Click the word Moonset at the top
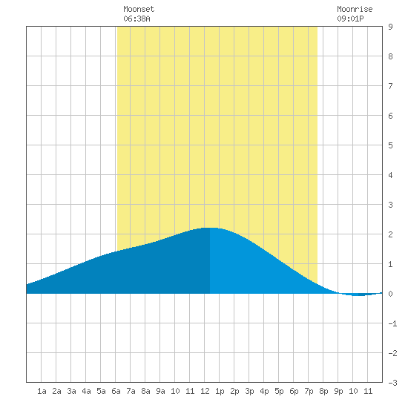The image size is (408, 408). tap(139, 10)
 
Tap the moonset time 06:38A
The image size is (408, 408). tap(136, 19)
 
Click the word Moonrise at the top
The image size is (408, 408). tap(355, 10)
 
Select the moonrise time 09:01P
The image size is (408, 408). tap(350, 19)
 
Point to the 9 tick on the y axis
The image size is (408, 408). tap(390, 27)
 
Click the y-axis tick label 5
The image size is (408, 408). tap(390, 145)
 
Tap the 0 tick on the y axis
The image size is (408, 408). tap(390, 294)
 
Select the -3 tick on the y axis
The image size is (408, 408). tap(392, 383)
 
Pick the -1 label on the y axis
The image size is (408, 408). tap(392, 323)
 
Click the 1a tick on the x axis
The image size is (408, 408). tap(42, 391)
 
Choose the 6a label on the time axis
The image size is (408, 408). tap(116, 391)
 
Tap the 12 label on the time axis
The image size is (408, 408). tap(205, 391)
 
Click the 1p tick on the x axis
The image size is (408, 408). tap(220, 391)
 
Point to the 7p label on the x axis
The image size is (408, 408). tap(309, 391)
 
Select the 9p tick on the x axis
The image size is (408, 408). tap(338, 391)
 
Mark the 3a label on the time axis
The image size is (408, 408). tap(71, 391)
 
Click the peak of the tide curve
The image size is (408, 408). tap(210, 228)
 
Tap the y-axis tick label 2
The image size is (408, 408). tap(390, 234)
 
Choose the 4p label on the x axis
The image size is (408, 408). tap(264, 391)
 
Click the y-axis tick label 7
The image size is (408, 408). tap(390, 86)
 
